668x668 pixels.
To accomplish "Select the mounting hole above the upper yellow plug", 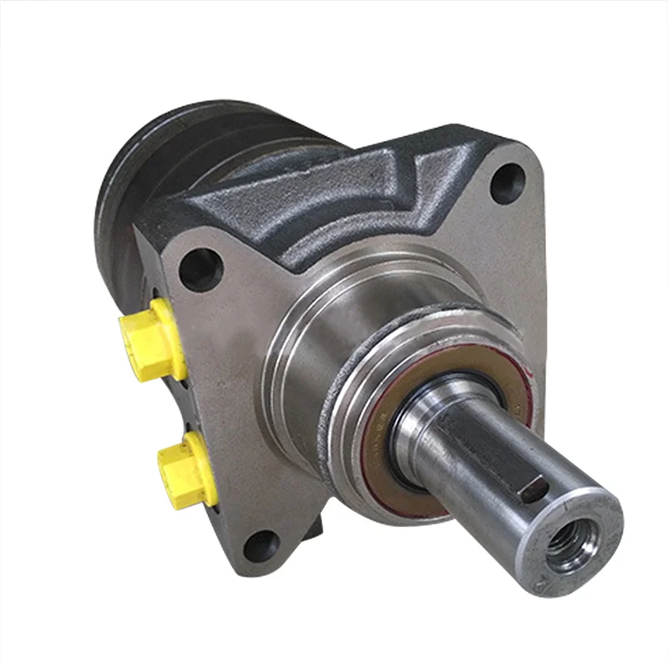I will point(200,270).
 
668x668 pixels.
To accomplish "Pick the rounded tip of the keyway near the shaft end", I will point(533,492).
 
